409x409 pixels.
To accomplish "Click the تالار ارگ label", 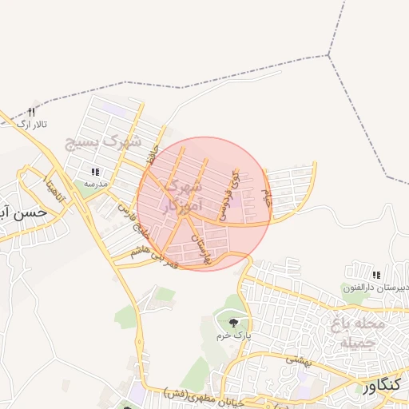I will click(34, 125).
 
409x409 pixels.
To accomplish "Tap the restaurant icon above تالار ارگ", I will click(32, 112).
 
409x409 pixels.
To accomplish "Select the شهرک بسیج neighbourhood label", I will click(103, 145).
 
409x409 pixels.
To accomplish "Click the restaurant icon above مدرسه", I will click(95, 172).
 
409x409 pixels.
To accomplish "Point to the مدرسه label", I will click(96, 184).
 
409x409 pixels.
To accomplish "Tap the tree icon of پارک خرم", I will click(233, 323).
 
